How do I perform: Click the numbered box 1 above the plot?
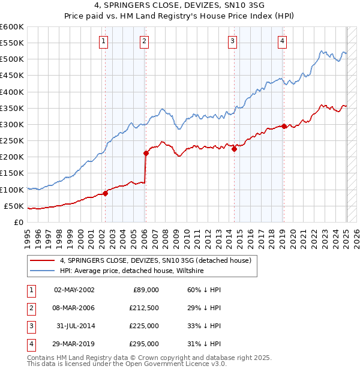(104, 41)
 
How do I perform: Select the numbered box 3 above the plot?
(232, 41)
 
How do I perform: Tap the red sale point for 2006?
(146, 153)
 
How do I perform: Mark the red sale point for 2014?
(235, 149)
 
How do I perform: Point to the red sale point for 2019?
(284, 126)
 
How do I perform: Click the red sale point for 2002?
(105, 193)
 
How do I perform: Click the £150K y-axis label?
(12, 173)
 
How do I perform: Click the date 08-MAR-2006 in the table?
(74, 308)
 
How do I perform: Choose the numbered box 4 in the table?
(31, 344)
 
